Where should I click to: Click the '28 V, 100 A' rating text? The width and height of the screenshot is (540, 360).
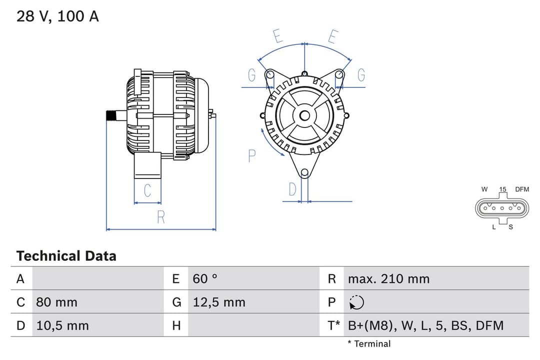57,16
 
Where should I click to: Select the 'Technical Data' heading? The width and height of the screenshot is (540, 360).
66,256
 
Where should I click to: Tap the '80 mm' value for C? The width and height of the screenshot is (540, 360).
56,302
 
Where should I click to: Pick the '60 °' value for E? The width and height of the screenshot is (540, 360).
205,278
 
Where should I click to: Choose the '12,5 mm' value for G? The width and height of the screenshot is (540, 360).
219,302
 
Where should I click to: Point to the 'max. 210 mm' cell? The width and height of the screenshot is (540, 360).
388,278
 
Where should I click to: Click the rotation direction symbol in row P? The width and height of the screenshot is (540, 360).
357,302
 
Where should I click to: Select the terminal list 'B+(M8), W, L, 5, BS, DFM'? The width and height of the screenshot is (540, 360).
425,325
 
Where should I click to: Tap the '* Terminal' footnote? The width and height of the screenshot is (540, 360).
369,343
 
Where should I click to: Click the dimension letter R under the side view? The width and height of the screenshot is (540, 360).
161,217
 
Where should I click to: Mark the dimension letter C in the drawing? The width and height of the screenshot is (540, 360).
147,191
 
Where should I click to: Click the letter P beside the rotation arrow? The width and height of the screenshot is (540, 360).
252,156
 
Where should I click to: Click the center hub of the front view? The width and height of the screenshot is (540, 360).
304,115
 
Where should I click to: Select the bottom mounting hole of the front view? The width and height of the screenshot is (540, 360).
304,173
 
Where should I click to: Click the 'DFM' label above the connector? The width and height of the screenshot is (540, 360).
522,189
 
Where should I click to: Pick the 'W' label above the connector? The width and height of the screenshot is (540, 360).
484,189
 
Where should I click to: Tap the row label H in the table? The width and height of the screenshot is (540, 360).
176,325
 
